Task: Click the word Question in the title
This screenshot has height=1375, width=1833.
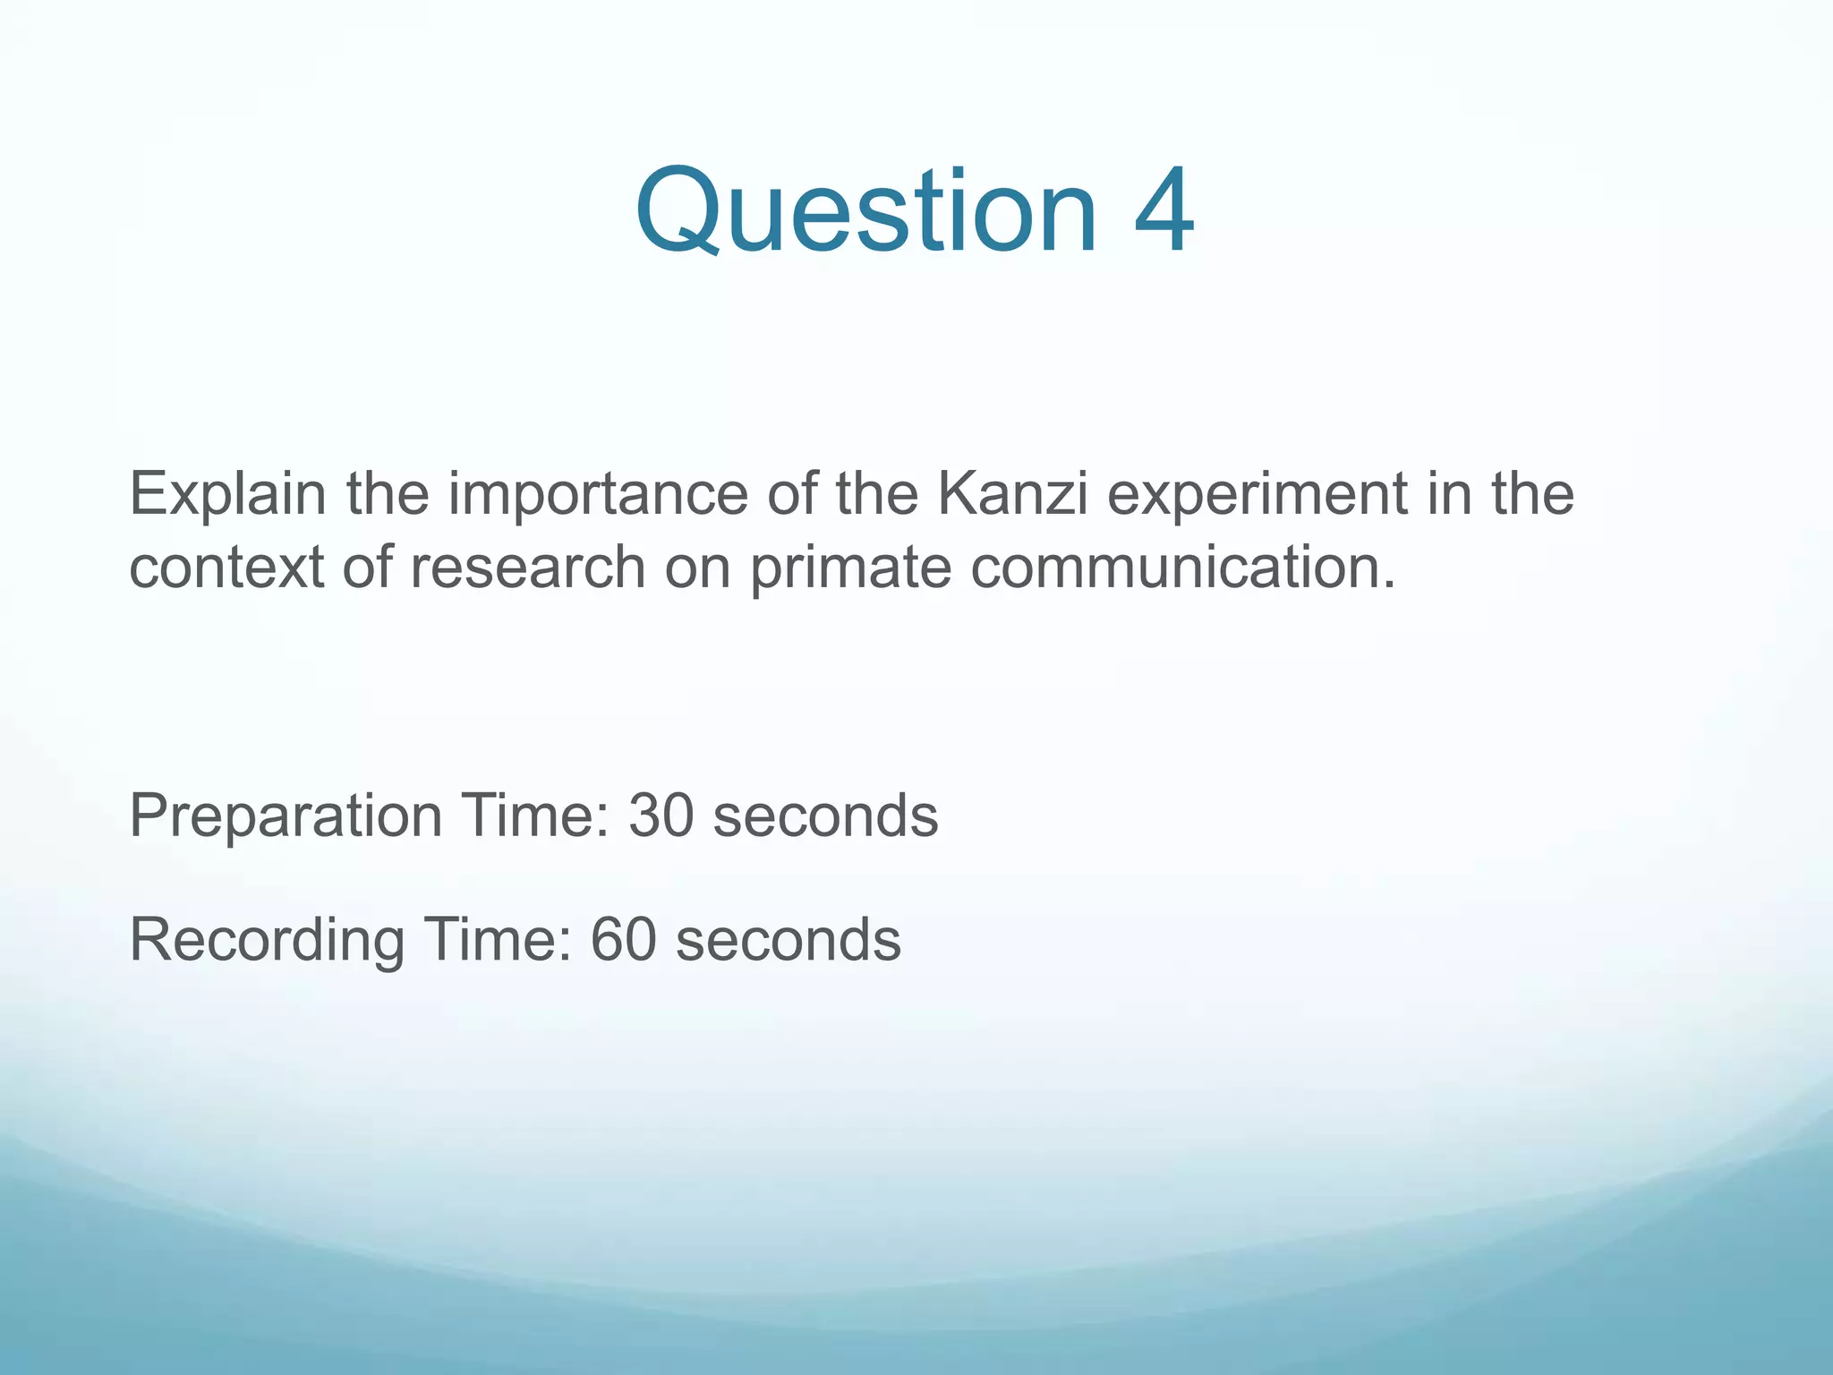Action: pyautogui.click(x=865, y=212)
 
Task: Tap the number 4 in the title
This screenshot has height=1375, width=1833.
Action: pyautogui.click(x=1163, y=212)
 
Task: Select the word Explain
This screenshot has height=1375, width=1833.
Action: pyautogui.click(x=227, y=495)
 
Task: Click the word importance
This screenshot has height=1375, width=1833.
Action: pyautogui.click(x=597, y=495)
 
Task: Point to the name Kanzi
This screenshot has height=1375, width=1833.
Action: pyautogui.click(x=1012, y=495)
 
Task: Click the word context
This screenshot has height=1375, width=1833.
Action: pyautogui.click(x=226, y=568)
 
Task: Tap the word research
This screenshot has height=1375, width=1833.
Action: pyautogui.click(x=527, y=568)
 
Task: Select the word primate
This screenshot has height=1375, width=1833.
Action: pyautogui.click(x=850, y=568)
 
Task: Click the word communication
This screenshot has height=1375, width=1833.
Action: pyautogui.click(x=1182, y=568)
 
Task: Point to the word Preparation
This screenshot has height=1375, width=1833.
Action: pyautogui.click(x=286, y=816)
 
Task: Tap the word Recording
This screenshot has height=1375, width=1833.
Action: pyautogui.click(x=267, y=940)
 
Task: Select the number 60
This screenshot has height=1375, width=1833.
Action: pyautogui.click(x=623, y=940)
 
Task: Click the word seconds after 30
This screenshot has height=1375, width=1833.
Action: pyautogui.click(x=825, y=816)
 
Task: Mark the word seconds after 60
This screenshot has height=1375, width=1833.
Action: pyautogui.click(x=788, y=940)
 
